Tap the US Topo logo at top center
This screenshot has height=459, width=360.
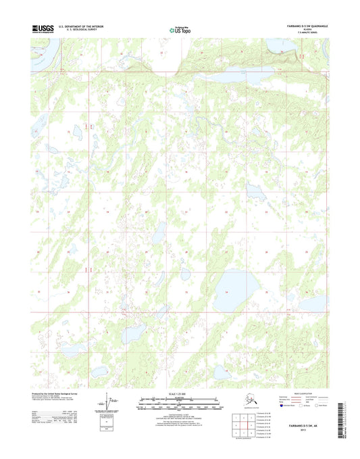[180, 29]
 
